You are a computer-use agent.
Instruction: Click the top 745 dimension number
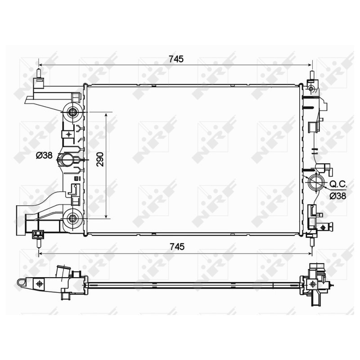pos(176,59)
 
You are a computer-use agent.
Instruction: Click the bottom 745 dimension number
pos(177,247)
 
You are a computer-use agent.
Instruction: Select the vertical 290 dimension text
pos(100,159)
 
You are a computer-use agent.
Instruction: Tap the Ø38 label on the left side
pos(44,155)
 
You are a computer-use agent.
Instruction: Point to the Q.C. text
pos(338,184)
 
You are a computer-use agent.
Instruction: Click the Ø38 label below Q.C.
pos(338,196)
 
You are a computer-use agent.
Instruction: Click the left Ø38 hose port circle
pos(67,160)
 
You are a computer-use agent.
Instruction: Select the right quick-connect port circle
pos(316,182)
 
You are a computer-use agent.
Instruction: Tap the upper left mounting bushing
pos(73,112)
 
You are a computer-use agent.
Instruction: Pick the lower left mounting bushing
pos(73,218)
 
